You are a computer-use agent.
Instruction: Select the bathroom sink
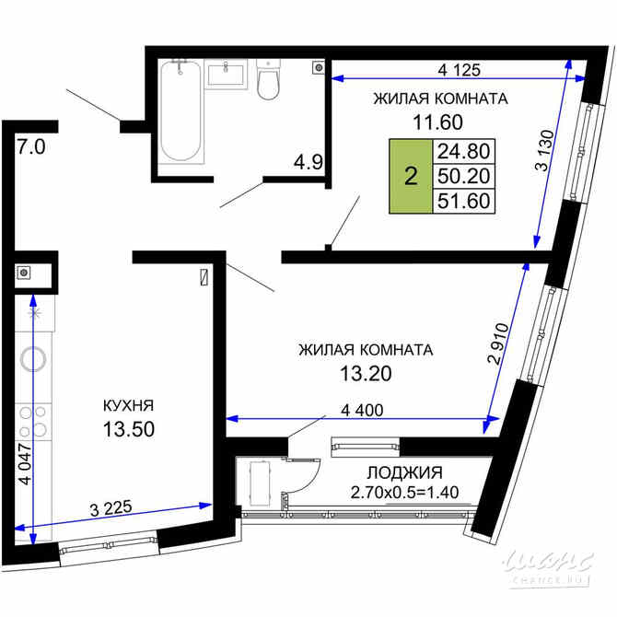pyautogui.click(x=226, y=72)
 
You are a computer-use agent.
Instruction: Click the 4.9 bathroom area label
pyautogui.click(x=308, y=163)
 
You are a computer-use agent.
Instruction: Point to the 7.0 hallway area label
pyautogui.click(x=31, y=146)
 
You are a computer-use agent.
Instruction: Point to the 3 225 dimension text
pyautogui.click(x=111, y=507)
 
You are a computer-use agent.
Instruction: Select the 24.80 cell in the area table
pyautogui.click(x=465, y=151)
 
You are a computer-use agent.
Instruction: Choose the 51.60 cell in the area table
pyautogui.click(x=465, y=200)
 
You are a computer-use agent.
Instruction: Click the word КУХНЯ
pyautogui.click(x=128, y=404)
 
